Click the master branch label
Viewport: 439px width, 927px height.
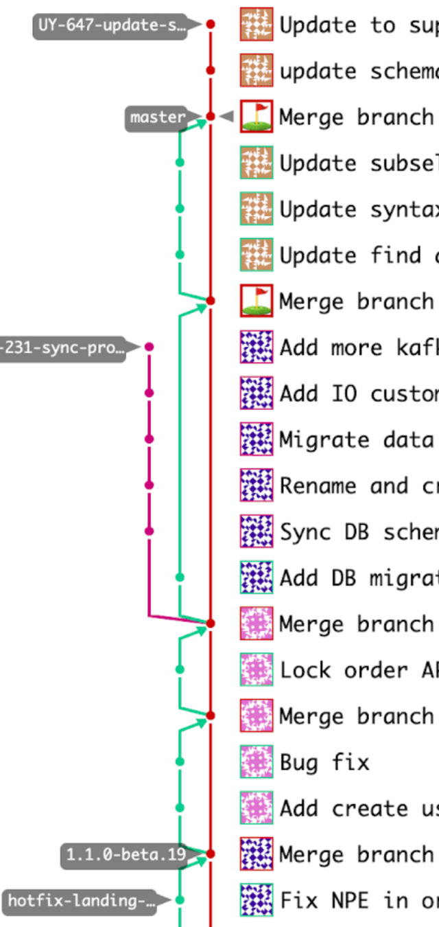click(x=157, y=117)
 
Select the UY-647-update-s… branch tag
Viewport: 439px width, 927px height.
click(x=110, y=26)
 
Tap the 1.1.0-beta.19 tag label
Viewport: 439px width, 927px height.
click(x=126, y=854)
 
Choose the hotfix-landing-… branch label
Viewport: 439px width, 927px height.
click(x=82, y=900)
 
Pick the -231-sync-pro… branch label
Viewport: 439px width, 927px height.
click(x=62, y=348)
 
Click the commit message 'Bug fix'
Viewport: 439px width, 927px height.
click(x=324, y=762)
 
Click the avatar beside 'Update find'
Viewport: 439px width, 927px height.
click(x=257, y=255)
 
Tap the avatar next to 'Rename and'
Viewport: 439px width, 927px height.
click(x=257, y=485)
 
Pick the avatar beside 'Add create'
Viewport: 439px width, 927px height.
click(x=257, y=808)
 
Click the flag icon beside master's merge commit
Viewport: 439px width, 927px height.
click(x=257, y=117)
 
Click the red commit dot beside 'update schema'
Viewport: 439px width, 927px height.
click(x=211, y=71)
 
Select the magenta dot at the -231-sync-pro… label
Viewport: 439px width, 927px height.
click(x=150, y=347)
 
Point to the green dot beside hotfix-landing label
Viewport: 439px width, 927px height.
click(x=180, y=900)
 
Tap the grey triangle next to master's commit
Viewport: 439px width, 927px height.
click(x=227, y=117)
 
